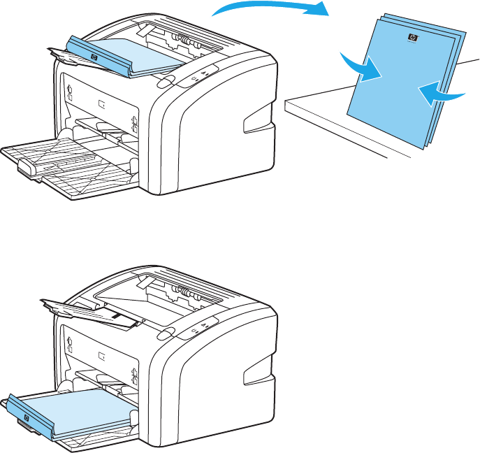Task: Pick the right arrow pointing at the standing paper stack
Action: click(440, 92)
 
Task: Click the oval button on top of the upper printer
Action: click(165, 82)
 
